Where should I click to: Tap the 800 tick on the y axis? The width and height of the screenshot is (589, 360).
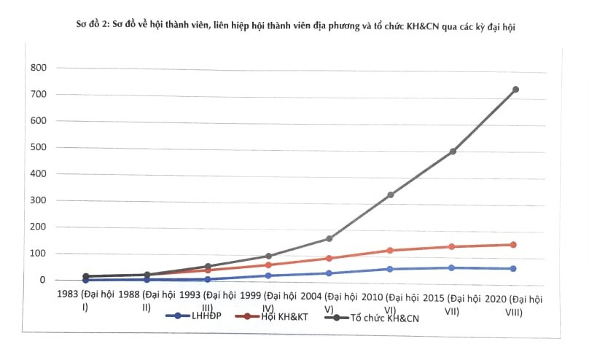(x=38, y=68)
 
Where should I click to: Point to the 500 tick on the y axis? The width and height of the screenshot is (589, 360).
(x=38, y=147)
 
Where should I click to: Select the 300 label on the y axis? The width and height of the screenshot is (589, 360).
(x=38, y=200)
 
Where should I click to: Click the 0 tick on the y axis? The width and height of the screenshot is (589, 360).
(x=43, y=280)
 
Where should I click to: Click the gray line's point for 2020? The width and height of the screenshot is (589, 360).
(x=515, y=90)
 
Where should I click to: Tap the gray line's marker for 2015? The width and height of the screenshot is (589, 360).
(x=453, y=152)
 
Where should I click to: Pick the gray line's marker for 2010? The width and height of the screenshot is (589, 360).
(x=391, y=195)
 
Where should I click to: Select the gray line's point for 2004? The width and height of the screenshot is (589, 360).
(x=329, y=238)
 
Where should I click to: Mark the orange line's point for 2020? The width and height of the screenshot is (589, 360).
(x=513, y=245)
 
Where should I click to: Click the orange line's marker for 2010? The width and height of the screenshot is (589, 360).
(x=391, y=251)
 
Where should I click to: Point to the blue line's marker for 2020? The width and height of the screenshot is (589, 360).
(x=513, y=269)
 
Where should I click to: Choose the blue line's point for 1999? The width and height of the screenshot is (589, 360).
(x=268, y=275)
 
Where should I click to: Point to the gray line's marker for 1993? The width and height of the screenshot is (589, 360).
(x=208, y=267)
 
